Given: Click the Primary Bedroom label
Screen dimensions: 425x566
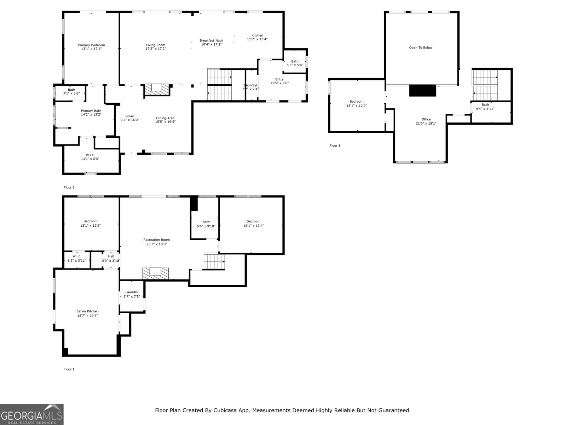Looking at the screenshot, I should (91, 45).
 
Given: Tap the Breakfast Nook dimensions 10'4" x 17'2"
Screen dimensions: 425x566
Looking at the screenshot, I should (211, 45).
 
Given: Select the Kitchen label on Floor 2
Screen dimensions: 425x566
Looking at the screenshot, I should (257, 35).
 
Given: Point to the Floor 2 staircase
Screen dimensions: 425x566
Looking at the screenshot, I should (219, 85).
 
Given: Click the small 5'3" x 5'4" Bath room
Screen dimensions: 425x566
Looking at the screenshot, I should (295, 63).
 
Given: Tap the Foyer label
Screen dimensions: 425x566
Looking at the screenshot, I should (130, 116).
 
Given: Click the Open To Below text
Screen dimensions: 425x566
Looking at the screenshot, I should (421, 48).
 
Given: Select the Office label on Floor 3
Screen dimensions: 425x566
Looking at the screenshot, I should (426, 119).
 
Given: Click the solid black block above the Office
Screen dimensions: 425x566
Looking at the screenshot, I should (422, 90).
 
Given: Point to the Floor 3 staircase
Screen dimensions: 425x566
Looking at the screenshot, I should (485, 85).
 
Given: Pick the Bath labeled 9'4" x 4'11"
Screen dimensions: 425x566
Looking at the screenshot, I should (485, 107).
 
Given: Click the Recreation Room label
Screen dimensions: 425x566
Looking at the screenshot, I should (156, 240).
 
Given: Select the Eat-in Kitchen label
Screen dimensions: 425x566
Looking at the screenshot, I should (87, 311).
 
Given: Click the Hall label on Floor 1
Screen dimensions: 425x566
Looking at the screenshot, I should (111, 256).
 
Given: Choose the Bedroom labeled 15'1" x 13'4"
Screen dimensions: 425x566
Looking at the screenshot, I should (253, 223).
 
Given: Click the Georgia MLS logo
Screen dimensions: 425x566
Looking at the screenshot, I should (31, 414).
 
